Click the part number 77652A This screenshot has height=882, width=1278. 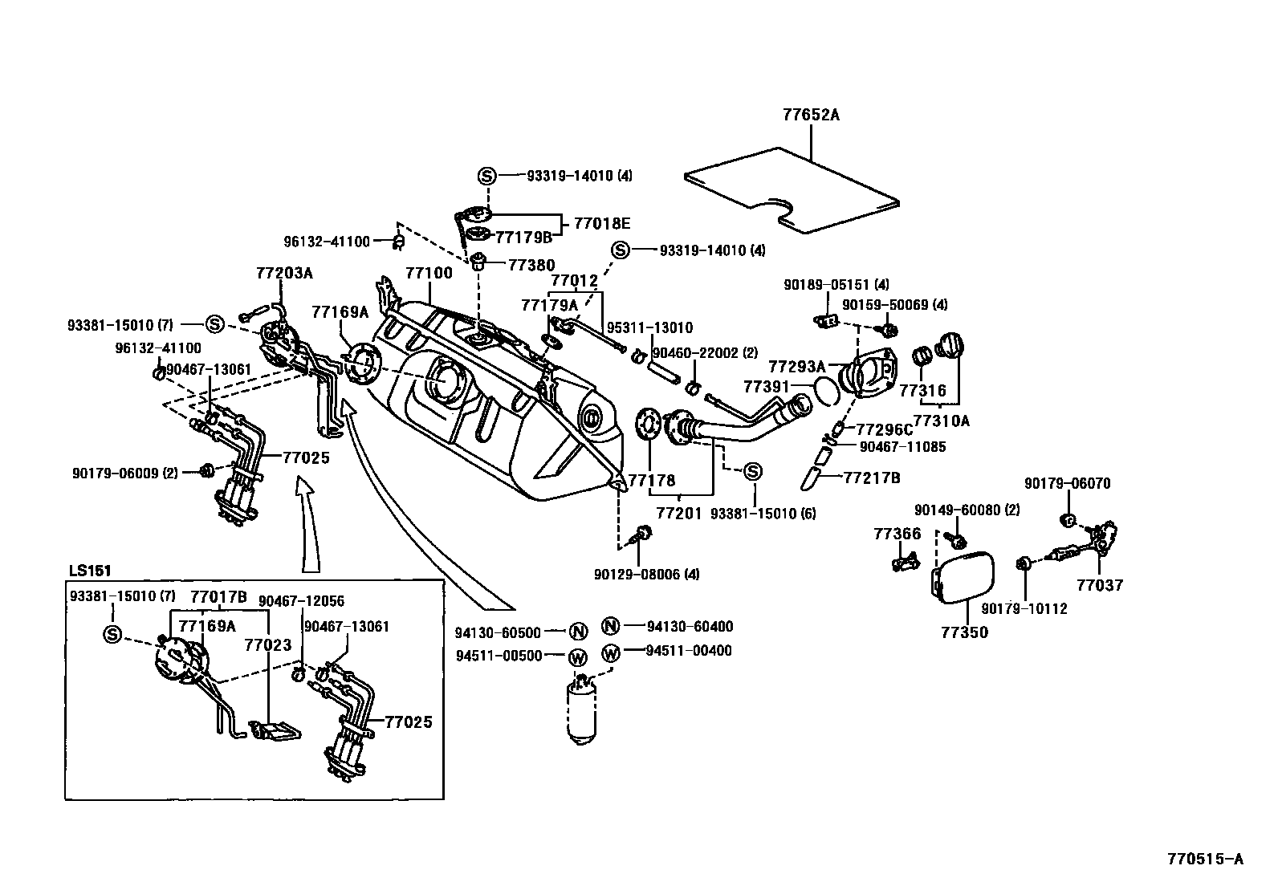811,115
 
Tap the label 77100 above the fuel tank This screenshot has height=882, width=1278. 429,273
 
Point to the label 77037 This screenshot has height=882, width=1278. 1100,585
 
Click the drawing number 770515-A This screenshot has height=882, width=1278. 1205,859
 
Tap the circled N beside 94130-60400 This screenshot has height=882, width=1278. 611,627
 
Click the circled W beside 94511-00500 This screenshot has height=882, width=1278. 578,656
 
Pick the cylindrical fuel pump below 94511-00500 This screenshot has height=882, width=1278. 581,710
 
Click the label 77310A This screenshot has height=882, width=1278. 942,420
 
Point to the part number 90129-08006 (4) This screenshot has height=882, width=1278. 647,575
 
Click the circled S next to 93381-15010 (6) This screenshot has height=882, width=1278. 752,472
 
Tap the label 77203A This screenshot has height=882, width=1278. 284,273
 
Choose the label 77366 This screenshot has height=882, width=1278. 897,534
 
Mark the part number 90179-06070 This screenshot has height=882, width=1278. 1067,484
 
